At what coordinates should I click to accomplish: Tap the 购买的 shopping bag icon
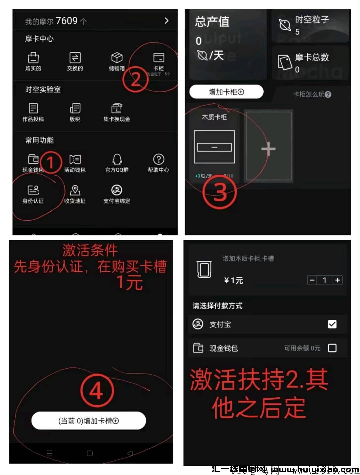(33, 58)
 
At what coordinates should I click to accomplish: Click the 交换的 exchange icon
(75, 58)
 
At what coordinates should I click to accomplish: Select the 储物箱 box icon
(117, 58)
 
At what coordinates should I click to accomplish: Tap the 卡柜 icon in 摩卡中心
(159, 58)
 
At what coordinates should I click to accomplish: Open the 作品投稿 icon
(33, 108)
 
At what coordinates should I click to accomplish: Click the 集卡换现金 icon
(117, 108)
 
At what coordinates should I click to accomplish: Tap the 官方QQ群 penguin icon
(117, 159)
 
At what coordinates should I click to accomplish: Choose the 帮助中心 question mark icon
(159, 159)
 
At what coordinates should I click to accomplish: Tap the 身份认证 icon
(33, 190)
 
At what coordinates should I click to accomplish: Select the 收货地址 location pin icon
(75, 190)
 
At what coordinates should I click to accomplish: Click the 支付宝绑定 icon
(117, 190)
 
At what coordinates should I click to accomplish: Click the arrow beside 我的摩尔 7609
(167, 21)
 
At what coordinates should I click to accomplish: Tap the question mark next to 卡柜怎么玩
(328, 95)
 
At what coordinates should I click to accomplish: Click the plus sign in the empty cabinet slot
(268, 149)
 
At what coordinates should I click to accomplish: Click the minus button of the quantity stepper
(312, 280)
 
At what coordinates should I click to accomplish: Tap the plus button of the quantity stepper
(337, 280)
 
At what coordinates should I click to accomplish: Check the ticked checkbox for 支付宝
(332, 324)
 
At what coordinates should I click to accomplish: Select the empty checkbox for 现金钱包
(332, 348)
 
